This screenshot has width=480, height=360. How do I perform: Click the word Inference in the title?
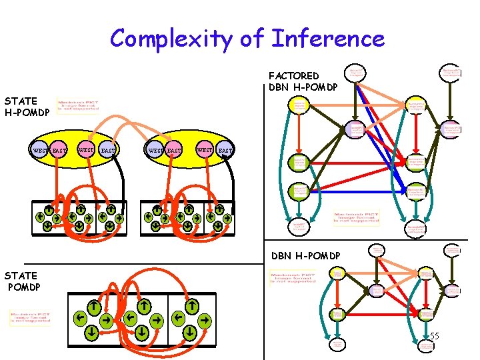pos(327,39)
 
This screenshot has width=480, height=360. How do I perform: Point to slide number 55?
pos(434,336)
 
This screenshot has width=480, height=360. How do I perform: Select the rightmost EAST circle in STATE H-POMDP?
pos(225,151)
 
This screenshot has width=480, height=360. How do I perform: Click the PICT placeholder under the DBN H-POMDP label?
pos(293,277)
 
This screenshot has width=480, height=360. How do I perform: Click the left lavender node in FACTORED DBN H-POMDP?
pos(356,129)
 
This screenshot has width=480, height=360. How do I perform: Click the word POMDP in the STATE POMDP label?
pos(25,287)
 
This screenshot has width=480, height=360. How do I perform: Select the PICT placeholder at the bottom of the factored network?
pos(358,218)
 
